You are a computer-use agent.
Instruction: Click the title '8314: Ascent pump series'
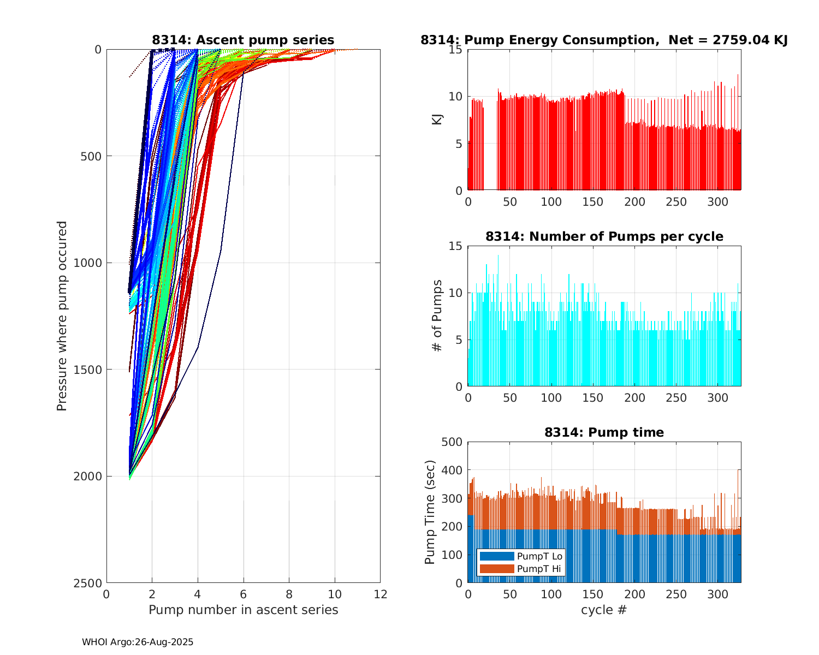[243, 40]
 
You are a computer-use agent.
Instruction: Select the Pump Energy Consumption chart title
[604, 40]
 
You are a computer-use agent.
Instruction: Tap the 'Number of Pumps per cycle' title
[604, 236]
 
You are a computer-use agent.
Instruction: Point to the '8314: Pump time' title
[604, 432]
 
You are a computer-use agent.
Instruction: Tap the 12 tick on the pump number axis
[380, 594]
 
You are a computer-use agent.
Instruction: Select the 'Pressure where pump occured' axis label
[62, 315]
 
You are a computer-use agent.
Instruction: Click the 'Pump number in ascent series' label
[243, 610]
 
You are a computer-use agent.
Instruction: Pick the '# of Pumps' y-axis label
[437, 315]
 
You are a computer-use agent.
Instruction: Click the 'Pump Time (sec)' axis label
[430, 512]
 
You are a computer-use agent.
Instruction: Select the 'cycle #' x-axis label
[604, 610]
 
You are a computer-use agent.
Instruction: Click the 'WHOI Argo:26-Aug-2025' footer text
[138, 642]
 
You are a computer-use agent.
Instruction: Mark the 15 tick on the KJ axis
[456, 50]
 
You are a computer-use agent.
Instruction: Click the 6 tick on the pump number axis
[244, 594]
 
